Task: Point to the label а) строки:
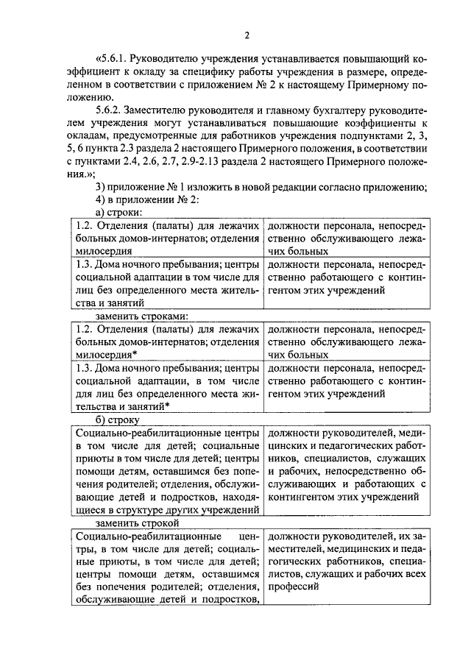tap(119, 212)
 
